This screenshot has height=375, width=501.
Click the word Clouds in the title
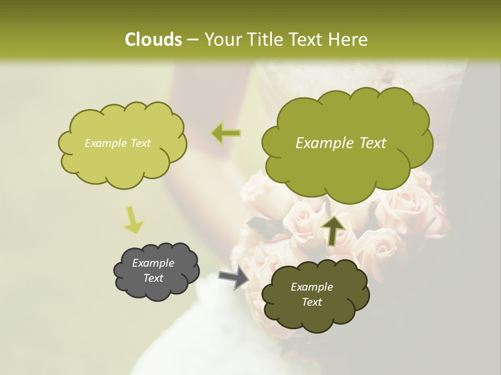point(153,40)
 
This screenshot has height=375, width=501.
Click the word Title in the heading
point(265,40)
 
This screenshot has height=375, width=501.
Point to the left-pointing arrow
point(226,133)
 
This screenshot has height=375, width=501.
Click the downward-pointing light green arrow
point(133,220)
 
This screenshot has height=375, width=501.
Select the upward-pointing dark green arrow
point(333,230)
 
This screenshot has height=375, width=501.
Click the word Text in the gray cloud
point(153,278)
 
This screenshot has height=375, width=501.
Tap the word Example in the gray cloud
point(153,263)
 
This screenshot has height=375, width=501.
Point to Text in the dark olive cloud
point(312,302)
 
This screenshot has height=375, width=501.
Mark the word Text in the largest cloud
point(373,143)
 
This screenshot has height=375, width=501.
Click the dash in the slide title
point(192,40)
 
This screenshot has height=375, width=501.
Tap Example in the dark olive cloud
point(312,287)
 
